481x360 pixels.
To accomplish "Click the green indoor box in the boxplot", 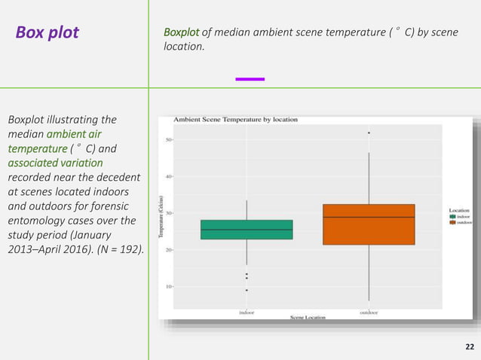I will (247, 230).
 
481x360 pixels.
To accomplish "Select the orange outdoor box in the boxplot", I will (369, 224).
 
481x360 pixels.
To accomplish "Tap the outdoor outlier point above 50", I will (369, 133).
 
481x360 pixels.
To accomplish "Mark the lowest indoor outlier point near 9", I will (247, 290).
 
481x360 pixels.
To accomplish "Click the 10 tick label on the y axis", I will (168, 286).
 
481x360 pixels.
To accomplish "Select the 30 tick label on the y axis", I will (168, 213).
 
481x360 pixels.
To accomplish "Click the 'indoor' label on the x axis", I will (247, 311).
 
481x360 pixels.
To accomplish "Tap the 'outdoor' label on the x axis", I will (369, 311).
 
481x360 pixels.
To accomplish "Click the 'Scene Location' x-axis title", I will (308, 317).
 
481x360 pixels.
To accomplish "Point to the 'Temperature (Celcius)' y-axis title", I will (161, 217).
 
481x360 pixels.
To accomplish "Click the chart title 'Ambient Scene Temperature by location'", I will (235, 120).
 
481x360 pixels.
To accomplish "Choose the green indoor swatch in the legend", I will (452, 216).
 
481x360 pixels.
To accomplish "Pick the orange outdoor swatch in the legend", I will (452, 222).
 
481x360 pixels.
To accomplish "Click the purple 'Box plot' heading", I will (47, 33).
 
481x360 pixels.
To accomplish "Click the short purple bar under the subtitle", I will (250, 78).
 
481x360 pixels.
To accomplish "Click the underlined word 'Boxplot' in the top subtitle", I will (181, 33).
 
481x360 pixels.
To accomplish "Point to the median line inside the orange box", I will (369, 217).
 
